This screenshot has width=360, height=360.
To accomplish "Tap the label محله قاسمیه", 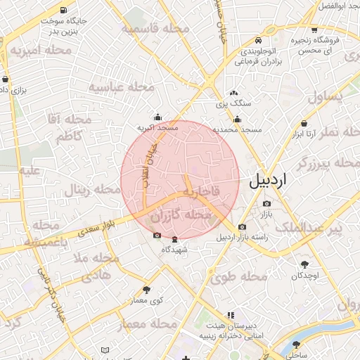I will tap(155, 29).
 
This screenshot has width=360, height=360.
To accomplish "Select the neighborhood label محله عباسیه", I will tap(121, 87).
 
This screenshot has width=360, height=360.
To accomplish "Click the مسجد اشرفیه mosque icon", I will tap(157, 117).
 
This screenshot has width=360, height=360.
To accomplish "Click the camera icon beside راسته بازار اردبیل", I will tap(242, 226).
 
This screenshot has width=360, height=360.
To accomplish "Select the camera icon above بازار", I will tap(266, 203).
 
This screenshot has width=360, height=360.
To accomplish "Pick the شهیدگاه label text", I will tap(175, 250).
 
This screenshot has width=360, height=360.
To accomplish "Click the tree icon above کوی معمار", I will tap(146, 290).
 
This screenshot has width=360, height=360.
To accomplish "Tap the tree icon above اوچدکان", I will tap(304, 264).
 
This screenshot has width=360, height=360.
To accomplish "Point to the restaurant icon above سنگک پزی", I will tap(234, 93).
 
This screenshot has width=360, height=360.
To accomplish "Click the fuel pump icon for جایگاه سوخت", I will tap(65, 11).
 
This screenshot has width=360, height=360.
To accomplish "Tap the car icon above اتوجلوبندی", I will tap(261, 41).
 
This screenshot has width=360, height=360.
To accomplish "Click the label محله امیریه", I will tap(39, 51).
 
